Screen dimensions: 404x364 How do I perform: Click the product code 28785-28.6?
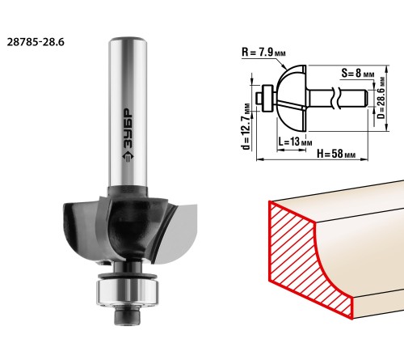coord(36,42)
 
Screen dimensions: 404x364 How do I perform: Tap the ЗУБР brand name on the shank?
coord(128,129)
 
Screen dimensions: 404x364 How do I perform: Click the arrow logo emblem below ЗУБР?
coord(128,156)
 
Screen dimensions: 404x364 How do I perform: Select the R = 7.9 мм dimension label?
coord(263,52)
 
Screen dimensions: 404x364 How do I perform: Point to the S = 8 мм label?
coord(358,73)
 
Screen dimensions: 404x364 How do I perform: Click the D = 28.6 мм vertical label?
coord(381,98)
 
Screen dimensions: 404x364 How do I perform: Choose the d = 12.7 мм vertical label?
coord(246,126)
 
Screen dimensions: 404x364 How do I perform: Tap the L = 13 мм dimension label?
coord(295,142)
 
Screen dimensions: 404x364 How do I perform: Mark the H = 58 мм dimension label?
coord(336,154)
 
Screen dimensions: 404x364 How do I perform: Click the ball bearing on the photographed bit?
coord(128,292)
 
